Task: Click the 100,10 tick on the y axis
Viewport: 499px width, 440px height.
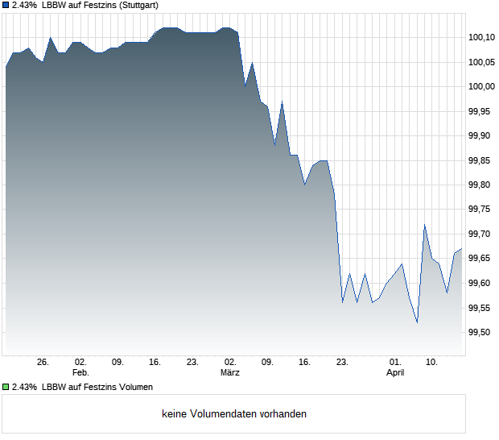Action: coord(481,37)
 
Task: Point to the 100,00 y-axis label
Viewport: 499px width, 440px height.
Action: coord(481,86)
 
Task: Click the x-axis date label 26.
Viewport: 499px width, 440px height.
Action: coord(43,363)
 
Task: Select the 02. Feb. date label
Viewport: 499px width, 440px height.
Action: coord(80,363)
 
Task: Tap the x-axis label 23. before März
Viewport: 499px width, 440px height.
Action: coord(193,363)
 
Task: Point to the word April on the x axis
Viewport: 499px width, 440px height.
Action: coord(395,373)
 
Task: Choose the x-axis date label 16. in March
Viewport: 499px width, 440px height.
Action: coord(305,363)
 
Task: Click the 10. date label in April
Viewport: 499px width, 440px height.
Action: coord(432,363)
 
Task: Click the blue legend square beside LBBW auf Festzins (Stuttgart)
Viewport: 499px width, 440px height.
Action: coord(6,5)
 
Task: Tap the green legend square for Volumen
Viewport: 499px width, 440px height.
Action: coord(6,387)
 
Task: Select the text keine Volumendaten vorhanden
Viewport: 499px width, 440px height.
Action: coord(234,414)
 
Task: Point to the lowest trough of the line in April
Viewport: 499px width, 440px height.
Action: coord(417,322)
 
